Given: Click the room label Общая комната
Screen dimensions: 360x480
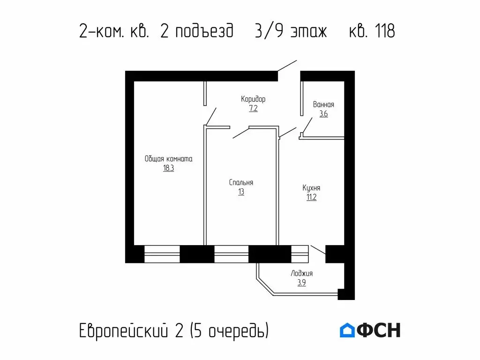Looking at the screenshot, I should point(168,159).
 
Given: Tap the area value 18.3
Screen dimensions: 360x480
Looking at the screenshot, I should point(168,168).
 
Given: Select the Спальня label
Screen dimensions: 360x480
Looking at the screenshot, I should point(241,182).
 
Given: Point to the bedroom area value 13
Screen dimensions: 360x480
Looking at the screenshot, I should point(241,192).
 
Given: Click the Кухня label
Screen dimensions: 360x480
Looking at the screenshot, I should point(311,187).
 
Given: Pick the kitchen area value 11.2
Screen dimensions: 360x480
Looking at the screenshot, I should point(311,197).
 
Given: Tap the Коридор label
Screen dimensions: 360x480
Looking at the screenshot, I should point(253,99).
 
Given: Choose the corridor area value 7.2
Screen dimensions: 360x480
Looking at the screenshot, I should point(253,108).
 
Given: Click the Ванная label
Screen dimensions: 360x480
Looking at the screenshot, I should point(323,105).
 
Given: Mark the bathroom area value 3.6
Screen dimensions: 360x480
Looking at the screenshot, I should point(323,114).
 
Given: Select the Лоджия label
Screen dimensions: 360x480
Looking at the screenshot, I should point(301,273).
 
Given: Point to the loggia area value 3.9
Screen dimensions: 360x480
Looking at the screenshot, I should point(301,283).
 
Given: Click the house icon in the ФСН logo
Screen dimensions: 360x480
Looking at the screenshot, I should point(347,330).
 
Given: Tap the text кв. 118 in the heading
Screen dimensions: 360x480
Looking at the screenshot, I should point(372,31).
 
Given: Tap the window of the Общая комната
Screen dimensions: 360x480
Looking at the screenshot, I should point(162,254).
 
